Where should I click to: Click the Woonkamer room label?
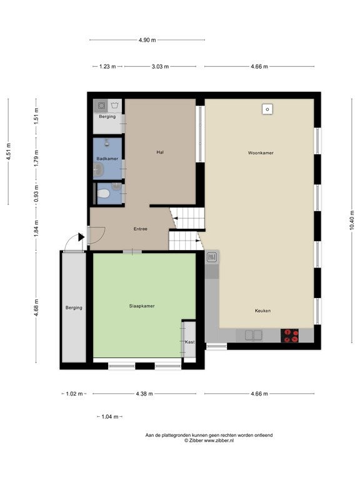[x=261, y=152]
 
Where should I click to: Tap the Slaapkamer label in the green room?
[x=142, y=306]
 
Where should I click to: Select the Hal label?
[x=160, y=152]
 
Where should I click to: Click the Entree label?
[x=141, y=229]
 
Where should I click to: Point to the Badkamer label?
[x=107, y=159]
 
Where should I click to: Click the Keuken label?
[x=262, y=311]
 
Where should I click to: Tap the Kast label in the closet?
[x=190, y=342]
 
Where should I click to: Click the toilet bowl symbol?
[x=104, y=194]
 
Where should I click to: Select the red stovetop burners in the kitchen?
[x=289, y=336]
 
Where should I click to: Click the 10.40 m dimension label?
[x=351, y=220]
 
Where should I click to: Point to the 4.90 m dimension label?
[x=147, y=40]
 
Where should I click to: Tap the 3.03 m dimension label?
[x=160, y=66]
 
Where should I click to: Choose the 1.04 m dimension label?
[x=110, y=417]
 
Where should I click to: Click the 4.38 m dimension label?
[x=144, y=394]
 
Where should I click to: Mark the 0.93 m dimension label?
[x=36, y=194]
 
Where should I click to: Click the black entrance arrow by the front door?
[x=81, y=237]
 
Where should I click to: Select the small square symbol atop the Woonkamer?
[x=267, y=109]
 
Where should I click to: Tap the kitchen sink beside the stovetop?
[x=254, y=335]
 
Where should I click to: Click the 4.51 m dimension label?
[x=9, y=151]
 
